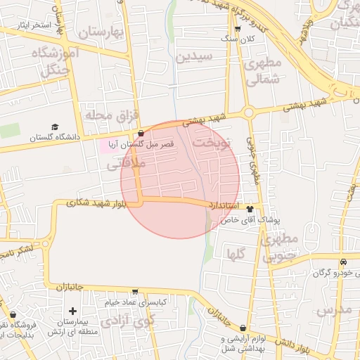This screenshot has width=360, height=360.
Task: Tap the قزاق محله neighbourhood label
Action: [x=112, y=114]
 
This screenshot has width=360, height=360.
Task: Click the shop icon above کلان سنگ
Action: [x=238, y=29]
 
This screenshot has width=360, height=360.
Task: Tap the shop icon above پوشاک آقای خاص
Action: [x=250, y=209]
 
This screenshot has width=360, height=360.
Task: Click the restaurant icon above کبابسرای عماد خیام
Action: [x=135, y=291]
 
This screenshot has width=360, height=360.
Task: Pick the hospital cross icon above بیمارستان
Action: [x=72, y=311]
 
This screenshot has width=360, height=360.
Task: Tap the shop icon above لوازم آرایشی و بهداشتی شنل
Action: [x=243, y=328]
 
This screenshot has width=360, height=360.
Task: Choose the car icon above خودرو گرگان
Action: [x=342, y=262]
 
